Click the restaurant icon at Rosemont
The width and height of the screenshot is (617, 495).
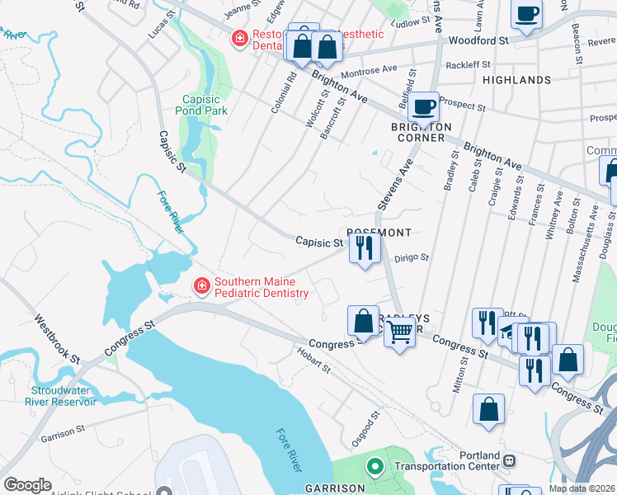[364, 248]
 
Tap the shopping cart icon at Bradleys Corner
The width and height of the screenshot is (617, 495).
[399, 332]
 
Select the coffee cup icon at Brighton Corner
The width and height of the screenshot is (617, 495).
[424, 107]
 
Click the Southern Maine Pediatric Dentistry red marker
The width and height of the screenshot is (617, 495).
[200, 286]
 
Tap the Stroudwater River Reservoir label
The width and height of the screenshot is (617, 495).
[63, 396]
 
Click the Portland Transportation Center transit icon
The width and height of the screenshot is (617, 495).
[511, 460]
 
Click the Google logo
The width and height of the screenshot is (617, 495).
[27, 485]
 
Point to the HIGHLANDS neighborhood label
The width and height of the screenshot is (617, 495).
[516, 80]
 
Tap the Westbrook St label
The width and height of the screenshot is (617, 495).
[57, 338]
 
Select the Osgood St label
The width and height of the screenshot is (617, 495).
[366, 427]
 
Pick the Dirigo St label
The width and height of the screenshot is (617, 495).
[412, 257]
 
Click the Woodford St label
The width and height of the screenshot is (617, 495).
[478, 40]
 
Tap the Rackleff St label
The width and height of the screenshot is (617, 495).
[468, 64]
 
